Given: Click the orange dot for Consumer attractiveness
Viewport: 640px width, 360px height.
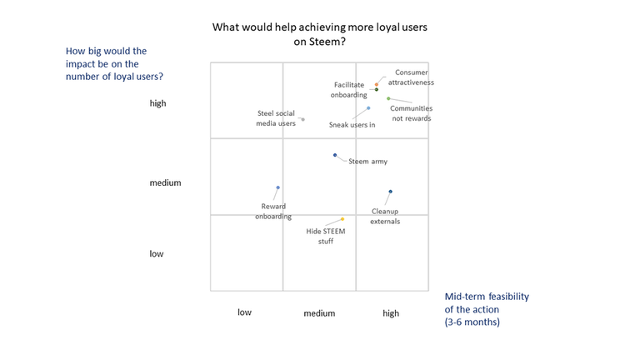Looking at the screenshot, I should click(x=377, y=83).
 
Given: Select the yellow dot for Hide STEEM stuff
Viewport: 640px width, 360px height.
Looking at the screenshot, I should click(x=342, y=219).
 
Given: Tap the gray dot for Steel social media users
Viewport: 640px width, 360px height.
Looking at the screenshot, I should click(x=302, y=119).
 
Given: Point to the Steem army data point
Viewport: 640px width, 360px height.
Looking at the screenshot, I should click(x=335, y=155).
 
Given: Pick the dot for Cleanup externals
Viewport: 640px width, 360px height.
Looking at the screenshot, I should click(x=390, y=192).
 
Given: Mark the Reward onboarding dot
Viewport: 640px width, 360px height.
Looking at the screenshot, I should click(x=277, y=187).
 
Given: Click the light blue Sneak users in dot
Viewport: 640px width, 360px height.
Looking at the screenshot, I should click(x=368, y=108).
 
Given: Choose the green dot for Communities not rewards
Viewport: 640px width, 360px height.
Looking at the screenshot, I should click(x=388, y=98).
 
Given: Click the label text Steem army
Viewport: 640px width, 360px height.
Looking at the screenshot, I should click(x=367, y=162).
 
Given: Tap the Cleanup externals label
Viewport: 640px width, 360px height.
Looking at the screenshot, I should click(x=385, y=216).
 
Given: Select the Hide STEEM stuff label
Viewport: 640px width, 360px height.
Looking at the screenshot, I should click(x=319, y=236).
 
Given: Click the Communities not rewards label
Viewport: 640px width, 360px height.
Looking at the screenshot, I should click(x=411, y=112).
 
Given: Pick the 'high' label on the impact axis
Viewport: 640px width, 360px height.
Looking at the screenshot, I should click(x=157, y=103).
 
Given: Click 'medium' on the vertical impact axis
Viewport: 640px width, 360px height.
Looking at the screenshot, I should click(x=165, y=182).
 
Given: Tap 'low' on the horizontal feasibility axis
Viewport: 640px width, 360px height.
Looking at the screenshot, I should click(x=244, y=312).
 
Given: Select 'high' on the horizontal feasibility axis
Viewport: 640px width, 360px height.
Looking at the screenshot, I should click(x=390, y=313).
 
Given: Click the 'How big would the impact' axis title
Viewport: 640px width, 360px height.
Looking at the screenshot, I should click(x=114, y=63).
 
